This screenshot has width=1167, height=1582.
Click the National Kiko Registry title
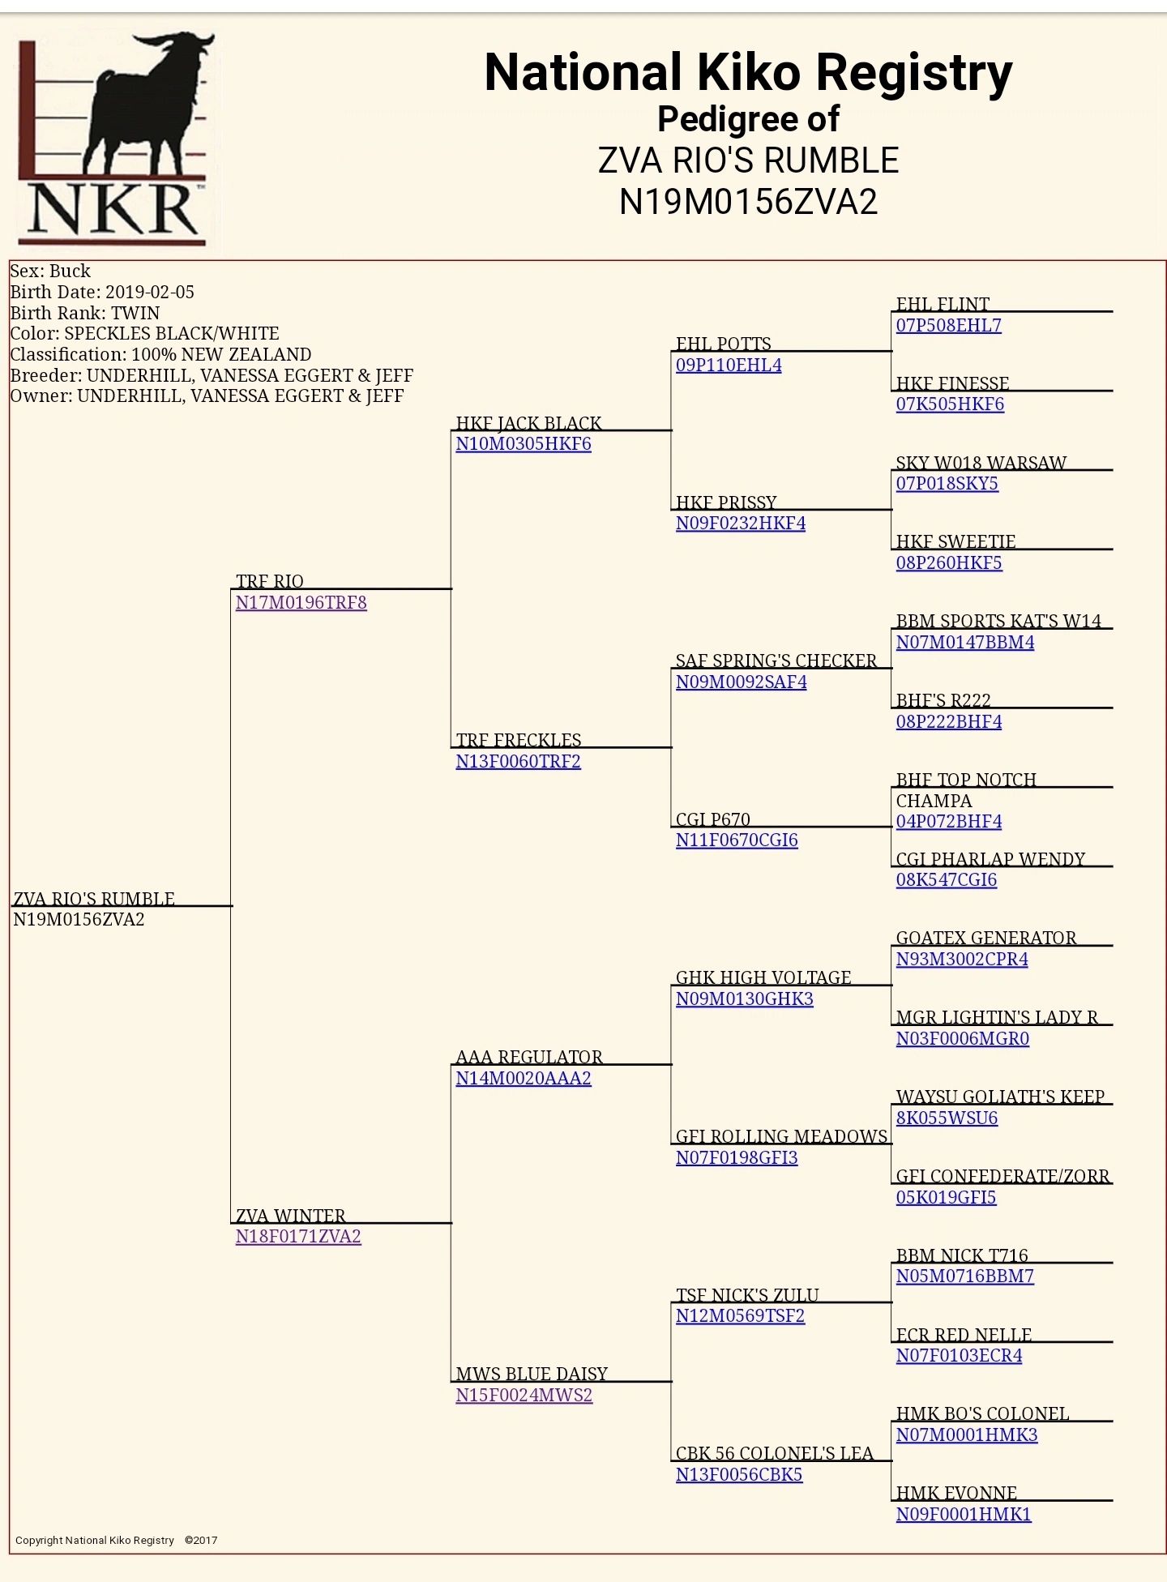(x=748, y=72)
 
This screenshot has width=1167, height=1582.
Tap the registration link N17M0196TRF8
(x=301, y=602)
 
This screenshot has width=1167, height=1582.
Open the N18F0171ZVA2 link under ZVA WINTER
(x=298, y=1236)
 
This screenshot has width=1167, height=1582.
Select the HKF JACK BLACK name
(x=528, y=423)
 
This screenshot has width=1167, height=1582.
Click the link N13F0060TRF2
(x=518, y=761)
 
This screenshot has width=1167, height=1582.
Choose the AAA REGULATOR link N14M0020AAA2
(x=523, y=1078)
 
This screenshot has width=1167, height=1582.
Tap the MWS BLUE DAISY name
(x=532, y=1374)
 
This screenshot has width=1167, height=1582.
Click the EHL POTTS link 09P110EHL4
(x=729, y=365)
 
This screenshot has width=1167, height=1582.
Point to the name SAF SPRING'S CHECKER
(x=776, y=661)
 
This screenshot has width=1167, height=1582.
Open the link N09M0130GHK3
(x=744, y=998)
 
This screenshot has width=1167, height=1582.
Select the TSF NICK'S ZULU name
(x=747, y=1295)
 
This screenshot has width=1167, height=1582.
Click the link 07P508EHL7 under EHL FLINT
(x=948, y=325)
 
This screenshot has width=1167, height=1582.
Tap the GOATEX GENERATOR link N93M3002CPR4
(x=962, y=959)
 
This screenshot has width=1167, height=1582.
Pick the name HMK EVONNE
(x=956, y=1493)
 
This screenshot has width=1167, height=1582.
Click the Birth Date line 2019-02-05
(x=102, y=292)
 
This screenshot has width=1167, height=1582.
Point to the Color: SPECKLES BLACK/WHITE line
(x=144, y=333)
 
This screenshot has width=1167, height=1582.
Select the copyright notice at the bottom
(x=116, y=1540)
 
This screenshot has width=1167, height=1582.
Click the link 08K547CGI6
(x=946, y=879)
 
